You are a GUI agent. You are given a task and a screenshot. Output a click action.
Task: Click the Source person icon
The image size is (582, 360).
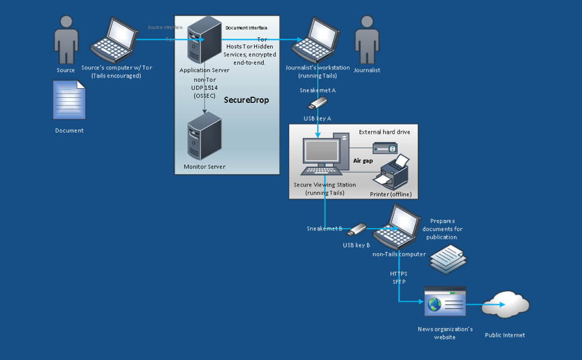click(x=66, y=39)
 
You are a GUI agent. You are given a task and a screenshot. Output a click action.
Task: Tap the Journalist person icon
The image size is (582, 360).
click(x=367, y=39)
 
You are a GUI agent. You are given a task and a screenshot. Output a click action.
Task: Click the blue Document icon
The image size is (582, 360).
click(x=69, y=100)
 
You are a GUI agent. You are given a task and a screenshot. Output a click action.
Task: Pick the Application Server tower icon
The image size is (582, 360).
click(x=205, y=40)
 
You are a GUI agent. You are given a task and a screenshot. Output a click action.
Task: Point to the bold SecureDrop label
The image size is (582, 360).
click(x=246, y=100)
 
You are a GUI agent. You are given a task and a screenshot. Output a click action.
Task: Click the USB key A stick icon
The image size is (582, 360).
click(x=318, y=104)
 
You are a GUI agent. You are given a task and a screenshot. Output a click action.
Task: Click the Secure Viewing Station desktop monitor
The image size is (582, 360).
click(x=322, y=152)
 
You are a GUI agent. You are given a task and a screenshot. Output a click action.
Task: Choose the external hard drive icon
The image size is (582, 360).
click(x=385, y=148)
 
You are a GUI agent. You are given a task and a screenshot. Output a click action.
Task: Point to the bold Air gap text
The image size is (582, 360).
click(x=363, y=161)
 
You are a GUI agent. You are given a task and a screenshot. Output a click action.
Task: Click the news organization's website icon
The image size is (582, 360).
click(x=444, y=302)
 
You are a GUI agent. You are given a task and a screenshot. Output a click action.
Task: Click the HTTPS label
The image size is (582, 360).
click(x=398, y=274)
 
